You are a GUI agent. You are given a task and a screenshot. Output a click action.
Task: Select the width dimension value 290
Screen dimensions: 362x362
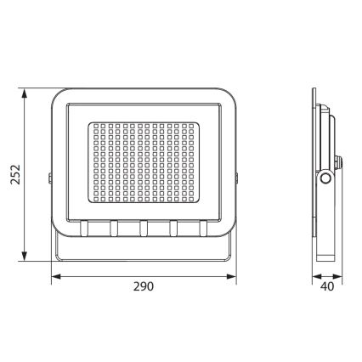[x=143, y=287]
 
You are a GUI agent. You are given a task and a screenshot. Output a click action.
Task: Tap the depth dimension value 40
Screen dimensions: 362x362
[x=327, y=287]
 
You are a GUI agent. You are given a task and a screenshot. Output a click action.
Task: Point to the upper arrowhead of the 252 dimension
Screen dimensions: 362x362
[x=25, y=90]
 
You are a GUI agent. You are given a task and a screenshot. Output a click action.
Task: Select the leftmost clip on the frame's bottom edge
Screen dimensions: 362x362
[x=85, y=228]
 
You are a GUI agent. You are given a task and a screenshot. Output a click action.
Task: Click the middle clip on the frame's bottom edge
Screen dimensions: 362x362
[x=144, y=228]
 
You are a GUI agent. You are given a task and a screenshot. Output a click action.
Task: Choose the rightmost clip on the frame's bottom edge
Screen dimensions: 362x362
[x=203, y=228]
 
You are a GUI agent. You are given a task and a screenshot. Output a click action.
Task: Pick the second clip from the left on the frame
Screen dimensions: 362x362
[x=114, y=228]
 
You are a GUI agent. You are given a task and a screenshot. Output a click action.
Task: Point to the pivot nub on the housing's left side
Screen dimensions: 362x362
[x=50, y=179]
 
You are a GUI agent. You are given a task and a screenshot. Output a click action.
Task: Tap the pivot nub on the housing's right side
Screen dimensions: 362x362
[x=237, y=179]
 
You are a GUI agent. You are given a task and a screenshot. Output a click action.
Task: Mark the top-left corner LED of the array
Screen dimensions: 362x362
[x=93, y=126]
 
